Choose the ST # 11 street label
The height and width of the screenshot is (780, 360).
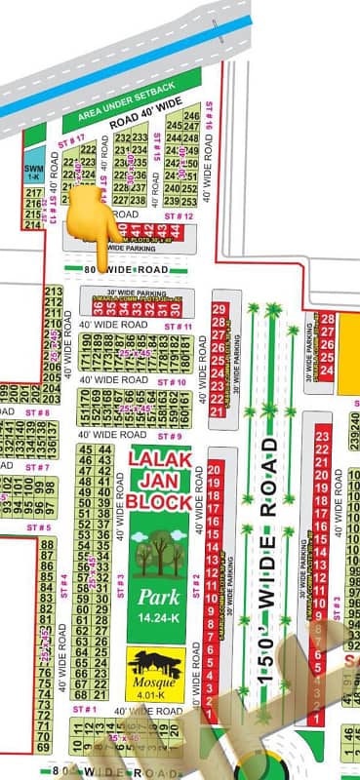click(x=180, y=324)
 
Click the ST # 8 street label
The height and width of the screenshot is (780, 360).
click(x=38, y=413)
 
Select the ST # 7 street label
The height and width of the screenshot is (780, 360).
click(x=38, y=467)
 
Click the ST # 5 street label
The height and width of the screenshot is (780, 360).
click(x=38, y=527)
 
